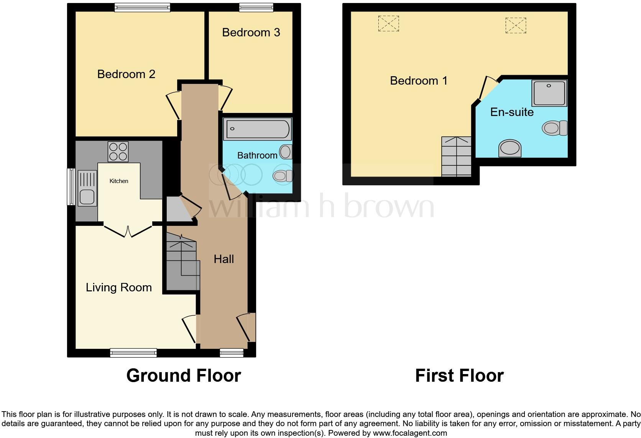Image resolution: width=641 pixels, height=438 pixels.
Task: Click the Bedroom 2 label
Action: coord(126,74)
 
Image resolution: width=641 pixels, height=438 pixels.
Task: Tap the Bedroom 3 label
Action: coord(251,33)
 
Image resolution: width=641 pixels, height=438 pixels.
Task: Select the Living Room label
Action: coord(118,288)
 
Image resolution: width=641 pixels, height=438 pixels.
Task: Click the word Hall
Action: coord(224,259)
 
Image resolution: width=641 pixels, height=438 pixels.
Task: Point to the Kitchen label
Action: coord(119,181)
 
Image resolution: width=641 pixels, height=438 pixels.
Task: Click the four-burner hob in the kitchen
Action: coord(118,152)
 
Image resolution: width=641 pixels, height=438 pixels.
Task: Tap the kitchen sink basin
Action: coord(87,197)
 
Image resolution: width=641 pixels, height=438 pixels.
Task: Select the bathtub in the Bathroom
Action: coord(258,129)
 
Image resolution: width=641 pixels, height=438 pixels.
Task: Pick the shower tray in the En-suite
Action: coord(549,93)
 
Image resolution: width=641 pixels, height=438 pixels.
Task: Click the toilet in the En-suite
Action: coord(554,128)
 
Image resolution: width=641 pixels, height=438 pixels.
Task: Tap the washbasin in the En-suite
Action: coord(510,148)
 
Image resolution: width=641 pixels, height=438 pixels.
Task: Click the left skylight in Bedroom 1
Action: coord(388,23)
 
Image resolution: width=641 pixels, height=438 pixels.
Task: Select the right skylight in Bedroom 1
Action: coord(516,25)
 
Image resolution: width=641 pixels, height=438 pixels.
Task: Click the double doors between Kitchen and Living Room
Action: coord(128,230)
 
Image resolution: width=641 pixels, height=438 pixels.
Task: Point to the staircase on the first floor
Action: coord(456,156)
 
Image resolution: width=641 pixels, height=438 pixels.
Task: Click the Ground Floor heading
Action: coord(184,376)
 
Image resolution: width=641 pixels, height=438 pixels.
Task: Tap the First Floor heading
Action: coord(459,376)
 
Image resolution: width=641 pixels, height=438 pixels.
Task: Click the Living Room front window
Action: coord(133,353)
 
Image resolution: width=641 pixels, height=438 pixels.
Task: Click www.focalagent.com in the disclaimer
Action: coord(410,433)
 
